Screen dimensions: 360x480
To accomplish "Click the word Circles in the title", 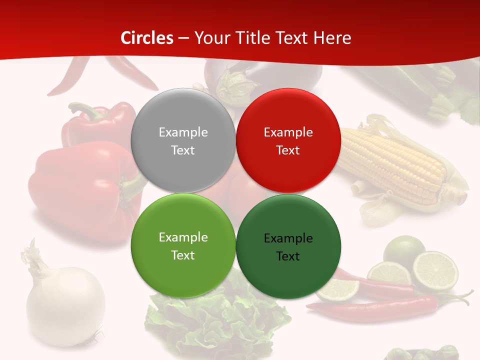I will (147, 38).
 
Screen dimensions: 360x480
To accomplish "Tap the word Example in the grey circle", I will (183, 132).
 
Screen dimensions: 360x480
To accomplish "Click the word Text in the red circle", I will (288, 150).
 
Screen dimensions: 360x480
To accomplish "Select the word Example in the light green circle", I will (183, 237).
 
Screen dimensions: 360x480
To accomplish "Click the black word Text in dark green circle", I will (288, 256).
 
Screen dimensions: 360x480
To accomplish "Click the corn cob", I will (395, 160).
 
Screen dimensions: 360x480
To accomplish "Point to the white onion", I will (65, 305).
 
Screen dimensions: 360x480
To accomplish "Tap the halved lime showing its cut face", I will (435, 270).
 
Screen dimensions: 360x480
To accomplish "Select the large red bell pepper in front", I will (80, 190).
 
